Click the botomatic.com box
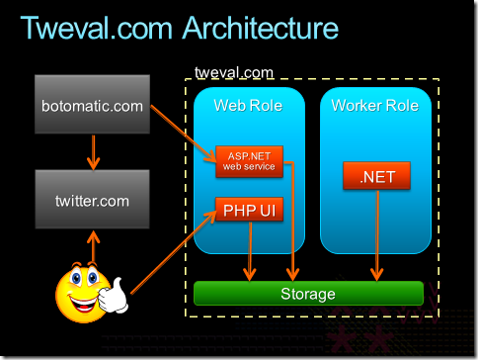[x=92, y=104]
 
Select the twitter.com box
[x=92, y=199]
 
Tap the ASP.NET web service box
[x=249, y=161]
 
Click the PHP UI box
[x=249, y=210]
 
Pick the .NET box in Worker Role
[x=376, y=176]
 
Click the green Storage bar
[x=308, y=293]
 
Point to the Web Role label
[x=248, y=106]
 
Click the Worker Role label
[x=375, y=106]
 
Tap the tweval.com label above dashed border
[x=234, y=72]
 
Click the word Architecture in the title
[x=261, y=28]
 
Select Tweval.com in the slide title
[x=96, y=28]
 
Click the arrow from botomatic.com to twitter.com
[x=94, y=152]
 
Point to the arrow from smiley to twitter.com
[x=94, y=247]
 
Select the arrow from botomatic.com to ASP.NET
[x=184, y=134]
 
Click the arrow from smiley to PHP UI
[x=174, y=252]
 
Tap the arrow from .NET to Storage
[x=377, y=235]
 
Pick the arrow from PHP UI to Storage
[x=250, y=251]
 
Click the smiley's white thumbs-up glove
[x=114, y=296]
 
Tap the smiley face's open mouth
[x=83, y=304]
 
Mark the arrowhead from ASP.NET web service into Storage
[x=292, y=274]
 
